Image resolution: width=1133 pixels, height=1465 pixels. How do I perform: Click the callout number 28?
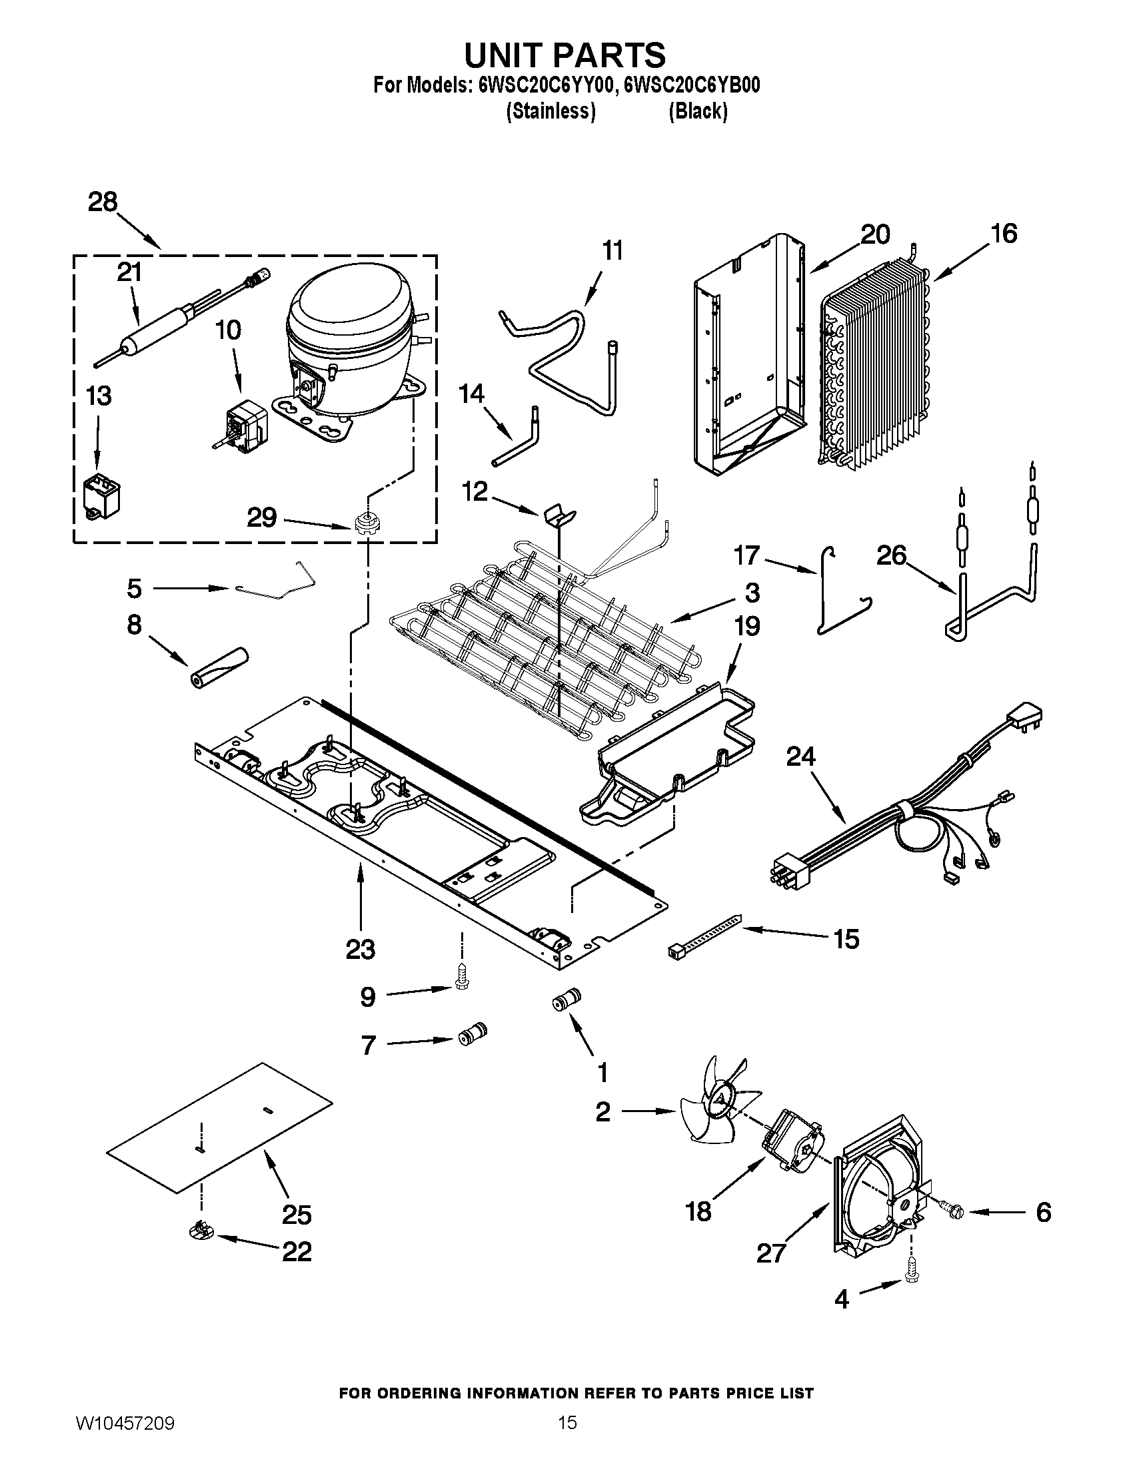click(x=103, y=202)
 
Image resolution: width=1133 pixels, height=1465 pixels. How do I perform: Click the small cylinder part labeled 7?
click(x=472, y=1035)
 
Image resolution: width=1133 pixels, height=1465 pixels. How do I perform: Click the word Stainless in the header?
click(x=550, y=111)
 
